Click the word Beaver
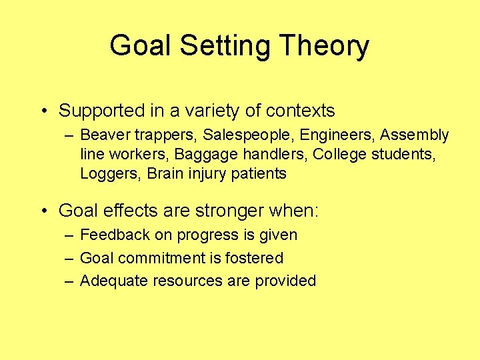[102, 135]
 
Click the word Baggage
[200, 155]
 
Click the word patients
[260, 174]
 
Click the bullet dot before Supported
[43, 111]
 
